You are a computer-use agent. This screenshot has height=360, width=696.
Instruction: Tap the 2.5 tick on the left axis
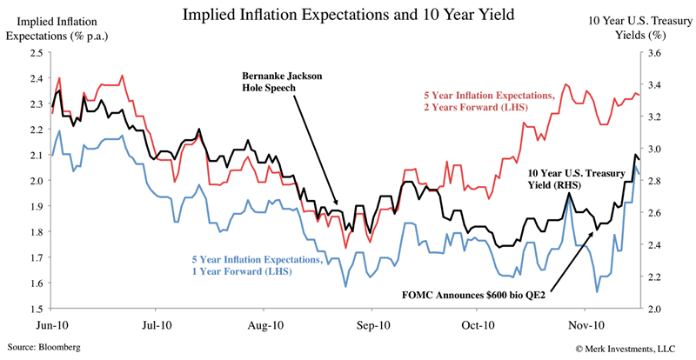[x=37, y=53]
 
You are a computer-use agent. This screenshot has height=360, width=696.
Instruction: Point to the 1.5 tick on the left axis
[x=37, y=309]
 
